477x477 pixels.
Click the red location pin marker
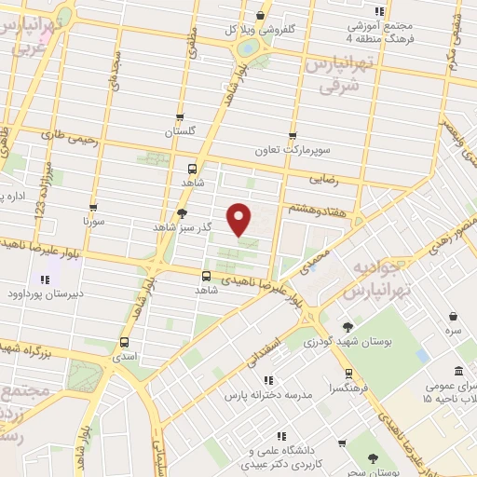click(x=240, y=218)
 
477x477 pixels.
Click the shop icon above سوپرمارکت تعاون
click(x=293, y=135)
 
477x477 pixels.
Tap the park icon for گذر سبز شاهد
click(x=181, y=213)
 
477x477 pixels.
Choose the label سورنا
click(x=93, y=222)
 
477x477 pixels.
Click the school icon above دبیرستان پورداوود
click(x=44, y=279)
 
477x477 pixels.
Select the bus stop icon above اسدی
click(x=124, y=342)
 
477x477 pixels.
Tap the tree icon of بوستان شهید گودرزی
click(x=348, y=327)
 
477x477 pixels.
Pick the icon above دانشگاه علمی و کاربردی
click(x=280, y=436)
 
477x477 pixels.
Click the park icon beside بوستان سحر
click(x=373, y=458)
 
